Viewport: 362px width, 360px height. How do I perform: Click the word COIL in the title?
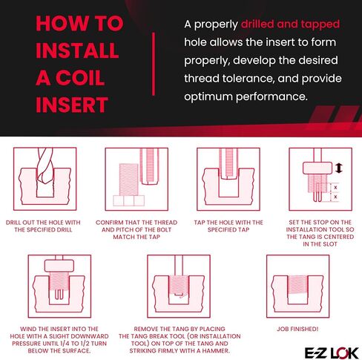coord(80,78)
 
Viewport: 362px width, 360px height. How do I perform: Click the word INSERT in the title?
coord(72,105)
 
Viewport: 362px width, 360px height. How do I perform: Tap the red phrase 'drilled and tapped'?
coord(290,24)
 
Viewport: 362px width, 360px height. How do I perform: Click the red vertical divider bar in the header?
coord(154,64)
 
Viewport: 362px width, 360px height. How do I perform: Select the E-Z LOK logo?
coord(332,353)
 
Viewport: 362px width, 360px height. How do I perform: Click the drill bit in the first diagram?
coord(44,166)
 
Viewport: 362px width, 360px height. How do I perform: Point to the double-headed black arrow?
coord(339,168)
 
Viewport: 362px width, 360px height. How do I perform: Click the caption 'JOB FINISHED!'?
coord(297,329)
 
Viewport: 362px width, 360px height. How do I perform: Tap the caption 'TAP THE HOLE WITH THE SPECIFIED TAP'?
coord(228,226)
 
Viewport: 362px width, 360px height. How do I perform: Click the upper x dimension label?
coord(335,188)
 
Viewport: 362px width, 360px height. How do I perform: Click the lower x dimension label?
coord(335,197)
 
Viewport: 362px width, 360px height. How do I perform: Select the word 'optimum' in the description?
coord(208,96)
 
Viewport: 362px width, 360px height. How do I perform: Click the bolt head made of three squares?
coord(128,200)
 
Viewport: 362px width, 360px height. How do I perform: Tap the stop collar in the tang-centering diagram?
coord(317,168)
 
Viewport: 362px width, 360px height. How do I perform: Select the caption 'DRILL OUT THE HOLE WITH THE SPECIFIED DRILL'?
coord(43,226)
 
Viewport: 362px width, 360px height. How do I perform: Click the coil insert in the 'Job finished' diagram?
coord(297,285)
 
